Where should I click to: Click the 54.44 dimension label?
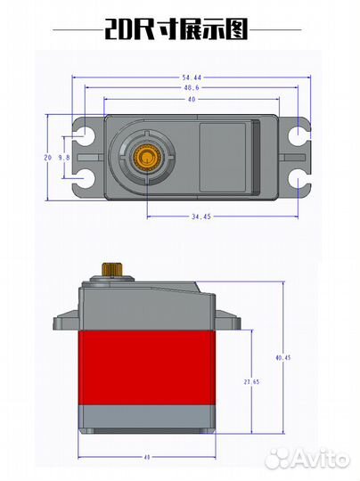point(192,77)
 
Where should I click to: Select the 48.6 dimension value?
point(192,87)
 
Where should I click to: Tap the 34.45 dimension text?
point(201,216)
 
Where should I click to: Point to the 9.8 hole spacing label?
point(64,158)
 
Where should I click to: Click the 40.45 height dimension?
point(283,357)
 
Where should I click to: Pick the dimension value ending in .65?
point(251,382)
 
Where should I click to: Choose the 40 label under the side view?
point(147,457)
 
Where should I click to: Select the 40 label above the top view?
point(192,100)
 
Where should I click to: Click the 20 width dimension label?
point(47,158)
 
